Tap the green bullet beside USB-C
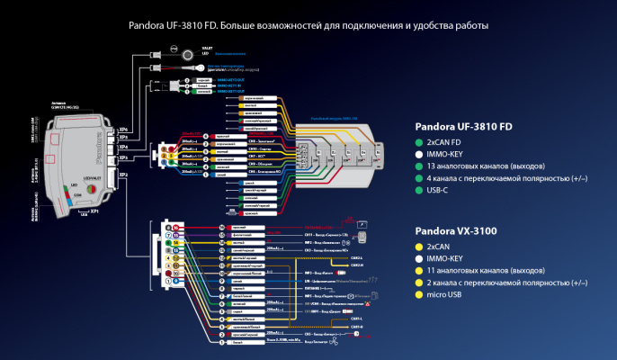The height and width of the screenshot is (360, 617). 418,190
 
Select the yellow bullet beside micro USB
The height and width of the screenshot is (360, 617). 418,294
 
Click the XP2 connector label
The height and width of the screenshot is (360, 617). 123,175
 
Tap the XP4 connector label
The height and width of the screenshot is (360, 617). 123,146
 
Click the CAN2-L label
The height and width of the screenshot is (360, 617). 356,256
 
